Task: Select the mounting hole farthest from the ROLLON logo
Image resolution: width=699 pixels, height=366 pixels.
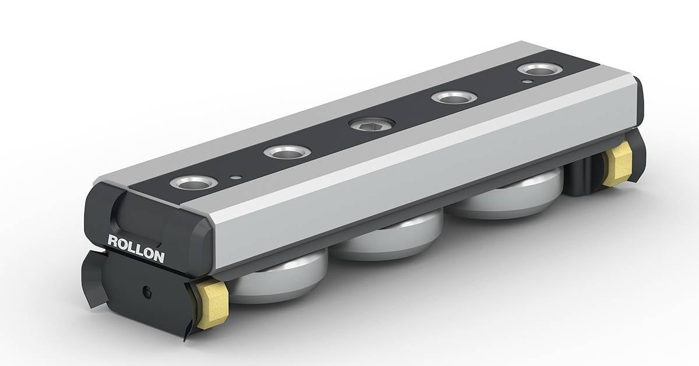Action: [539, 70]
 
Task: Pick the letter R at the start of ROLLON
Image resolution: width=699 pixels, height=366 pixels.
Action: [112, 240]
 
